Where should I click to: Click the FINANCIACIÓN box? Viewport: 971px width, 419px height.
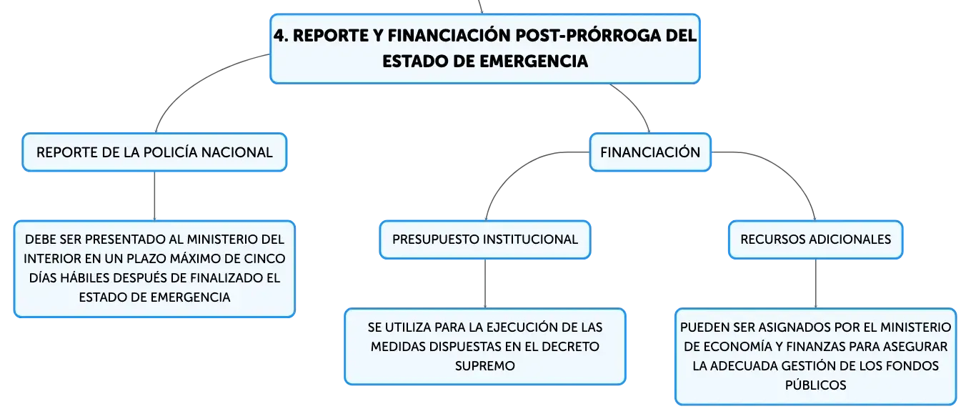pyautogui.click(x=650, y=152)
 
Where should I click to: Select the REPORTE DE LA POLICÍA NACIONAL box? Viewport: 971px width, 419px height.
pyautogui.click(x=154, y=152)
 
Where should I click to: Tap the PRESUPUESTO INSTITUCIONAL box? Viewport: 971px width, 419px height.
pyautogui.click(x=485, y=240)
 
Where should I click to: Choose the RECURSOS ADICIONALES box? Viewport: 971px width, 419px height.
pyautogui.click(x=815, y=240)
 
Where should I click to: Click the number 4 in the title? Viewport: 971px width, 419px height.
pyautogui.click(x=279, y=36)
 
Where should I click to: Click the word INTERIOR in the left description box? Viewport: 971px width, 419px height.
pyautogui.click(x=51, y=259)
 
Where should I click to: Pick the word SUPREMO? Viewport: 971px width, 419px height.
pyautogui.click(x=485, y=365)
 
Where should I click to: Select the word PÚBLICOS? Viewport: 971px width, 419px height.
pyautogui.click(x=815, y=385)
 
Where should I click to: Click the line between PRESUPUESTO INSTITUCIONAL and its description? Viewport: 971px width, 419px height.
pyautogui.click(x=485, y=283)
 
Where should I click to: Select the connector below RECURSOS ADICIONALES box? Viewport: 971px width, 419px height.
pyautogui.click(x=816, y=283)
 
